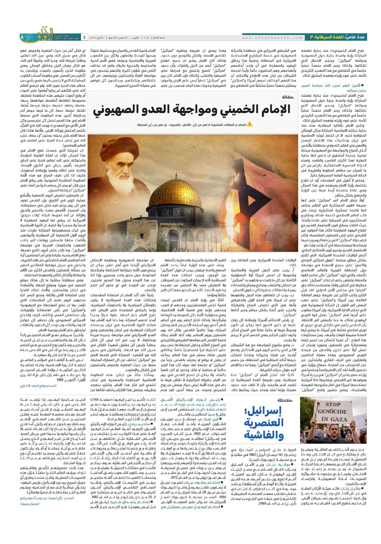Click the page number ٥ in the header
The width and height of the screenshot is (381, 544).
[x=84, y=37]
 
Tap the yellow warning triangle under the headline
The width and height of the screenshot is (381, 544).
[x=250, y=124]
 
